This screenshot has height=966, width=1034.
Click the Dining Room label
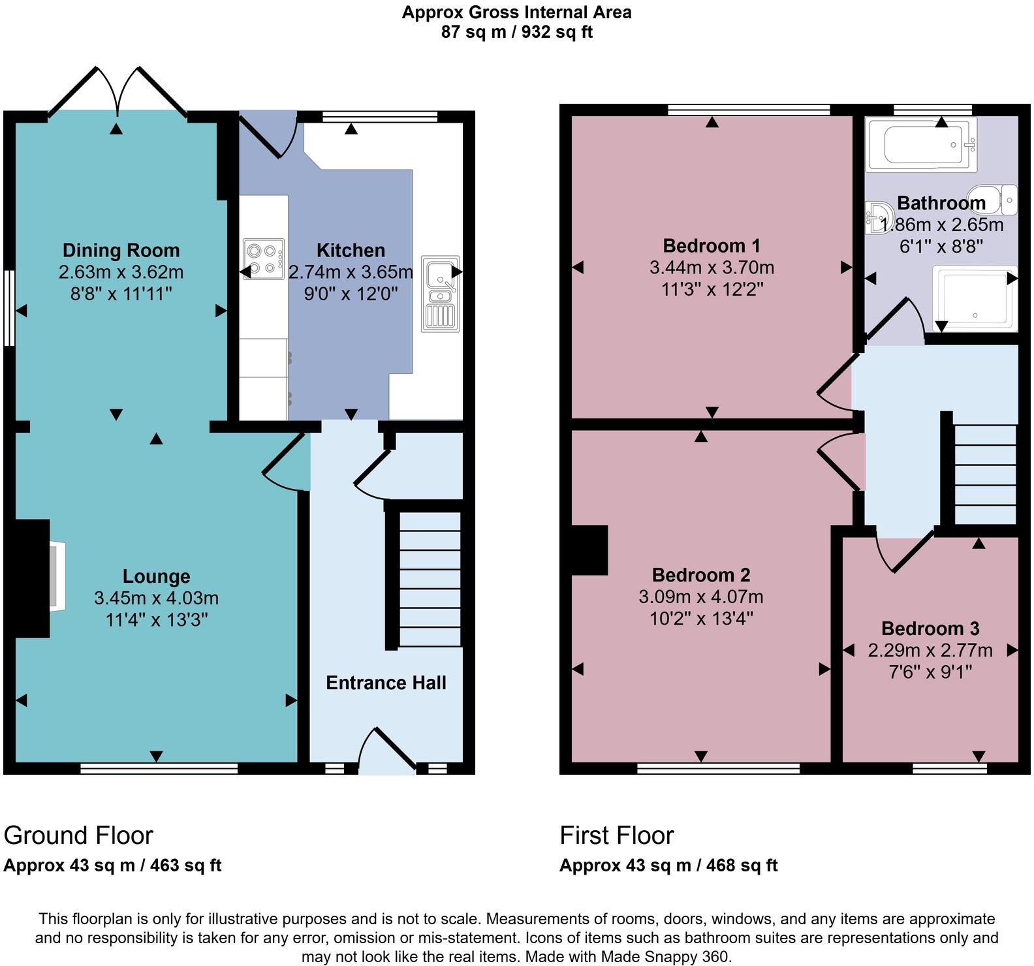click(121, 250)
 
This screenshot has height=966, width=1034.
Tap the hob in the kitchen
click(264, 259)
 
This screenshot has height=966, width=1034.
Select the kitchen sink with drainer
click(441, 294)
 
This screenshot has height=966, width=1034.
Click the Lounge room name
click(157, 576)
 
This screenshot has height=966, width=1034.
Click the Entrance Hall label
click(386, 683)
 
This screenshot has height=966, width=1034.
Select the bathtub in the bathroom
click(921, 144)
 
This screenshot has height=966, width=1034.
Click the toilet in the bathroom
click(993, 199)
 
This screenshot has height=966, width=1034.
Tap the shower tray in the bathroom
click(975, 298)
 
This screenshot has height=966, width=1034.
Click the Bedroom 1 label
click(712, 245)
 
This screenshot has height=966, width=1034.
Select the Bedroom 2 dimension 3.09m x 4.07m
click(701, 597)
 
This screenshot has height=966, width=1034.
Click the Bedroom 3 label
click(930, 629)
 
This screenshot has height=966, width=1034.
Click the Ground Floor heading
click(78, 835)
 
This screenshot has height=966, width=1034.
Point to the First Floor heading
click(617, 835)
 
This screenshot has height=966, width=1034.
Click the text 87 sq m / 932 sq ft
click(517, 31)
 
